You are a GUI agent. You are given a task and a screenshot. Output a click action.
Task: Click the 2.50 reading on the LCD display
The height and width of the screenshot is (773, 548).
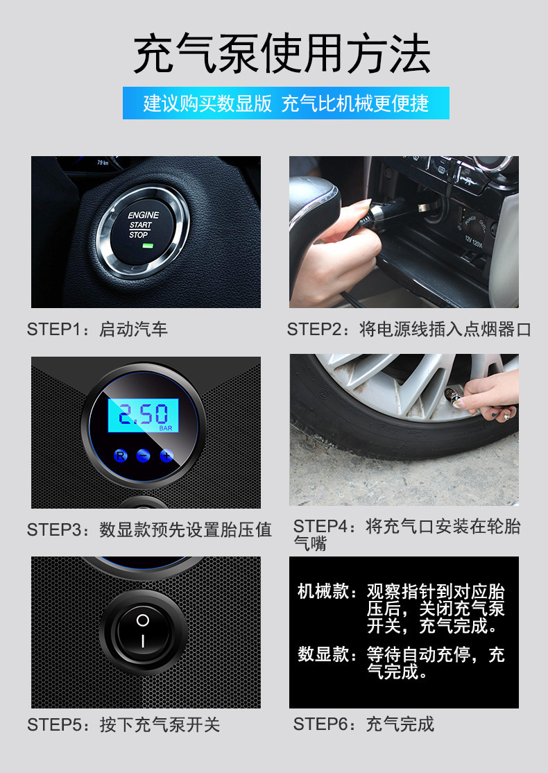pyautogui.click(x=143, y=414)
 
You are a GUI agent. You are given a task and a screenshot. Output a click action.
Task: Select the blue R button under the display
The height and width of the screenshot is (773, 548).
pyautogui.click(x=120, y=455)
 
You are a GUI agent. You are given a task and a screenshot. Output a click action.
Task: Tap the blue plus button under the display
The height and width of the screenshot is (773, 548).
pyautogui.click(x=166, y=455)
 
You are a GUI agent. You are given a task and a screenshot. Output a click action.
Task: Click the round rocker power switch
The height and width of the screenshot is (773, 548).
pyautogui.click(x=143, y=631)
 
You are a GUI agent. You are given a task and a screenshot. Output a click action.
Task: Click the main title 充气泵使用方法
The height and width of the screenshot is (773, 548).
pyautogui.click(x=282, y=53)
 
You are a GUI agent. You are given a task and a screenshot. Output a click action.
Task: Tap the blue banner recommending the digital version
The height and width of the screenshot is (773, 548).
pyautogui.click(x=286, y=103)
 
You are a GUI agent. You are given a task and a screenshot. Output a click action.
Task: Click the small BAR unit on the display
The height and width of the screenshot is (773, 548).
pyautogui.click(x=166, y=428)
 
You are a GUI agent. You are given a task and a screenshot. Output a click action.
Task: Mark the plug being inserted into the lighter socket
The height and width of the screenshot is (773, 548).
pyautogui.click(x=389, y=212)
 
